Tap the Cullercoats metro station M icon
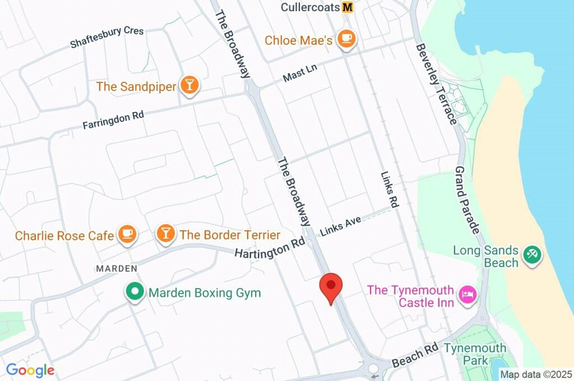(x=348, y=7)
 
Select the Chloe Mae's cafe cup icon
(x=348, y=39)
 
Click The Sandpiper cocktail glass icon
(x=190, y=85)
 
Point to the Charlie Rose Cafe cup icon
(x=127, y=234)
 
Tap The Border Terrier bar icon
(x=165, y=234)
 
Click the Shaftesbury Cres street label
(x=107, y=37)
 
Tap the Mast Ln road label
(x=300, y=73)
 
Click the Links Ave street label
(x=340, y=225)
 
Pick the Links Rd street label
(x=388, y=190)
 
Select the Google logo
(x=30, y=370)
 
